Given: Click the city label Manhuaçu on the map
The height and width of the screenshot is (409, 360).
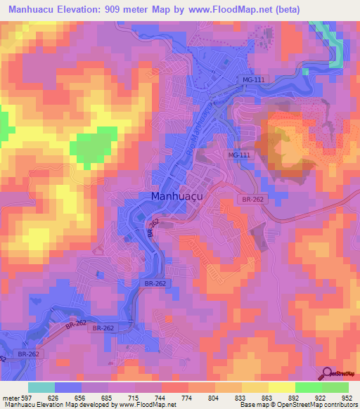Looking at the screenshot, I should click(177, 197).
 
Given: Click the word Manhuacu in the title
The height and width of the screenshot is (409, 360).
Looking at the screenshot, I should click(31, 10).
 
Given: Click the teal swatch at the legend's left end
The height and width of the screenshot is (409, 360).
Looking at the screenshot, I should click(41, 387).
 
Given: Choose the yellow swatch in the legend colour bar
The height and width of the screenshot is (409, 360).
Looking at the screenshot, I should click(281, 387).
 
